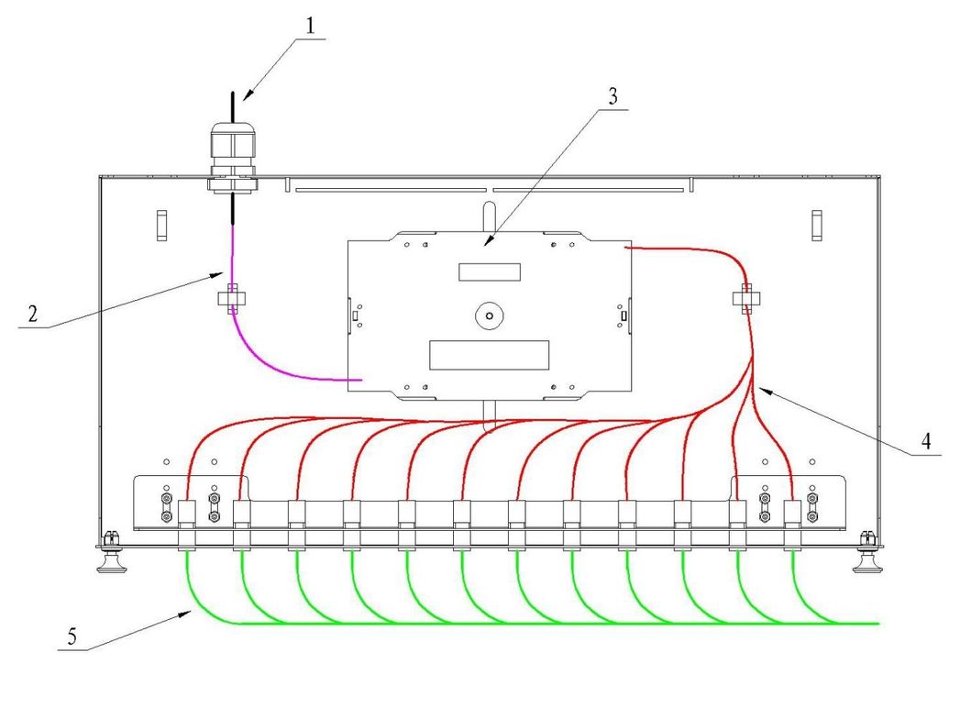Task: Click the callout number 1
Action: pos(311,25)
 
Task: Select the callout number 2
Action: pos(32,314)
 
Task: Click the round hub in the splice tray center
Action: pos(490,316)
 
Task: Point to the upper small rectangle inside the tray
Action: pos(490,271)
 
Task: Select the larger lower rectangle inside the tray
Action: pos(490,354)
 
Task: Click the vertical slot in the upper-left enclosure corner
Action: pos(161,225)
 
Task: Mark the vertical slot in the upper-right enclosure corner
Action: pos(816,225)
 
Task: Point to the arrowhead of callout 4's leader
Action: pos(758,389)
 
